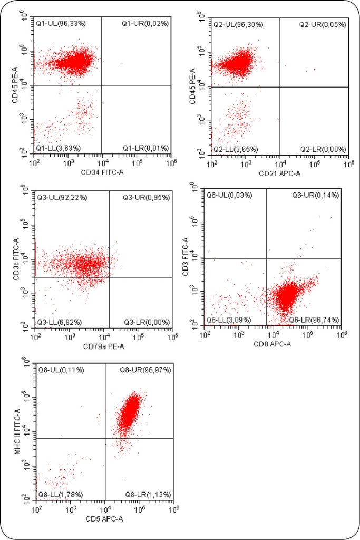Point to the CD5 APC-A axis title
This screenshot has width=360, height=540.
click(x=105, y=519)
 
